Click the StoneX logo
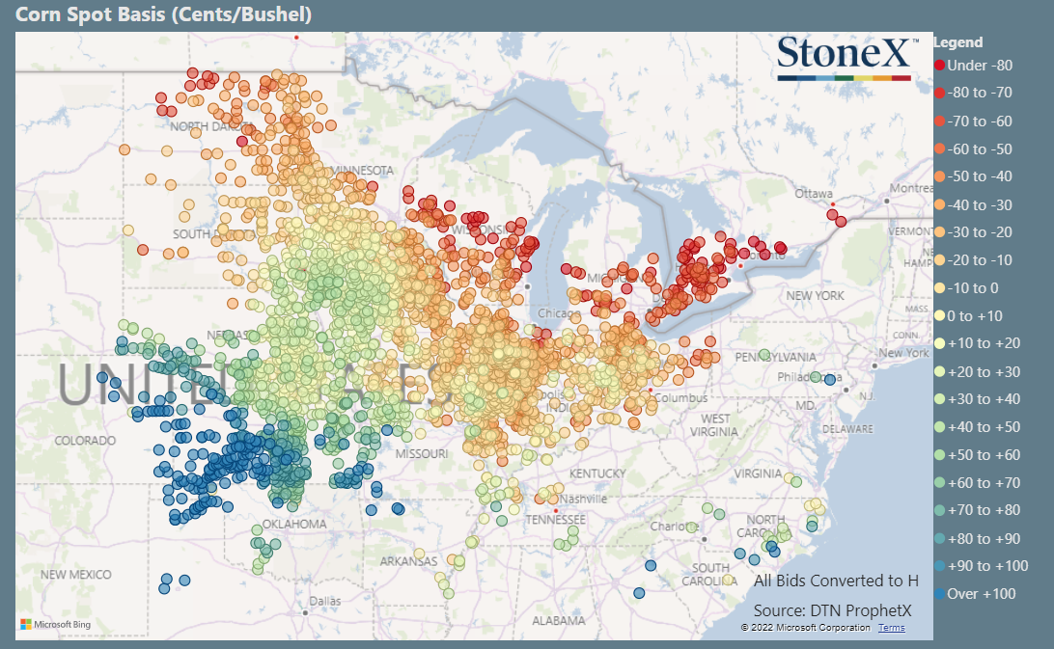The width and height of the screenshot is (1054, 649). [845, 57]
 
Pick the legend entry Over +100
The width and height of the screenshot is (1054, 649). [974, 593]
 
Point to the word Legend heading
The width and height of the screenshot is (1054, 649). [957, 42]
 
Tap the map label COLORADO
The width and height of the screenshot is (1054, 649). [84, 441]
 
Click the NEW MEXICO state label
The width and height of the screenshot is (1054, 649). [76, 574]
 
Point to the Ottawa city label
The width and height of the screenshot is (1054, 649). [813, 194]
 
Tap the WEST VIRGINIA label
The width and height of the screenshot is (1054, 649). [715, 425]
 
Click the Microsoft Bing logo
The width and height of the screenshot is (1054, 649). [55, 624]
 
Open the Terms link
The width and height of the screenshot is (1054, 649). [891, 628]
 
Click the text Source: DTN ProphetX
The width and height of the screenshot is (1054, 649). [832, 610]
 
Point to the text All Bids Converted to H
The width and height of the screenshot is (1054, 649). [836, 581]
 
